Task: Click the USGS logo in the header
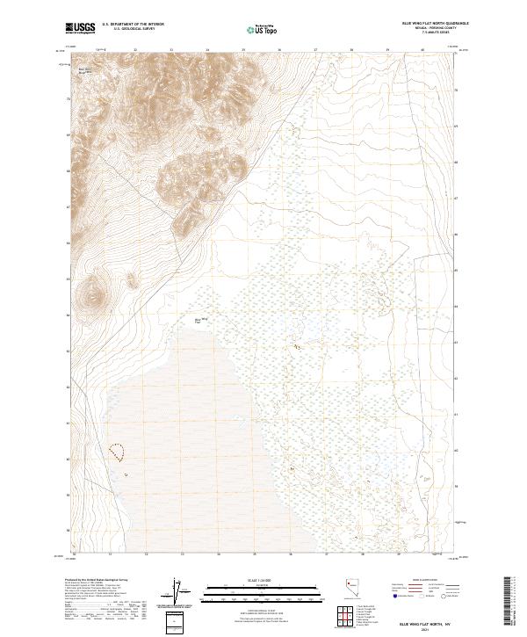coord(80,28)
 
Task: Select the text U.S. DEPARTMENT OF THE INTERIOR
coord(133,25)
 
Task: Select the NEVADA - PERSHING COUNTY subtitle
coord(428,29)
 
